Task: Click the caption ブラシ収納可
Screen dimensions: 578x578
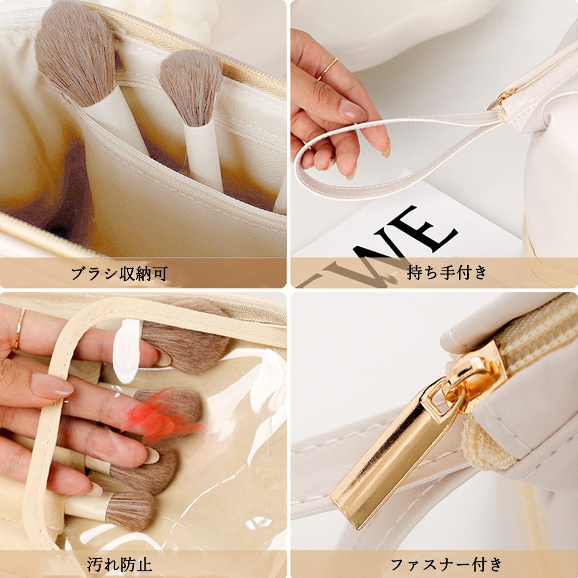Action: [119, 273]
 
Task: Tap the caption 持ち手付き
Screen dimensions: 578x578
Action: [447, 273]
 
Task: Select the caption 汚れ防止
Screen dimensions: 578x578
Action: [120, 564]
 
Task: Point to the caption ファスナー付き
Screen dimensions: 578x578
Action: [446, 564]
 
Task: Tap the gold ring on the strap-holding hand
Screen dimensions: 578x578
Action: [327, 69]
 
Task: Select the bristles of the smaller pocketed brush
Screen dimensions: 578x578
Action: [191, 86]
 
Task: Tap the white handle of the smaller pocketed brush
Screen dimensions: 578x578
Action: [204, 155]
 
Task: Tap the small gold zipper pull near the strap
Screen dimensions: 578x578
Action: [501, 98]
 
